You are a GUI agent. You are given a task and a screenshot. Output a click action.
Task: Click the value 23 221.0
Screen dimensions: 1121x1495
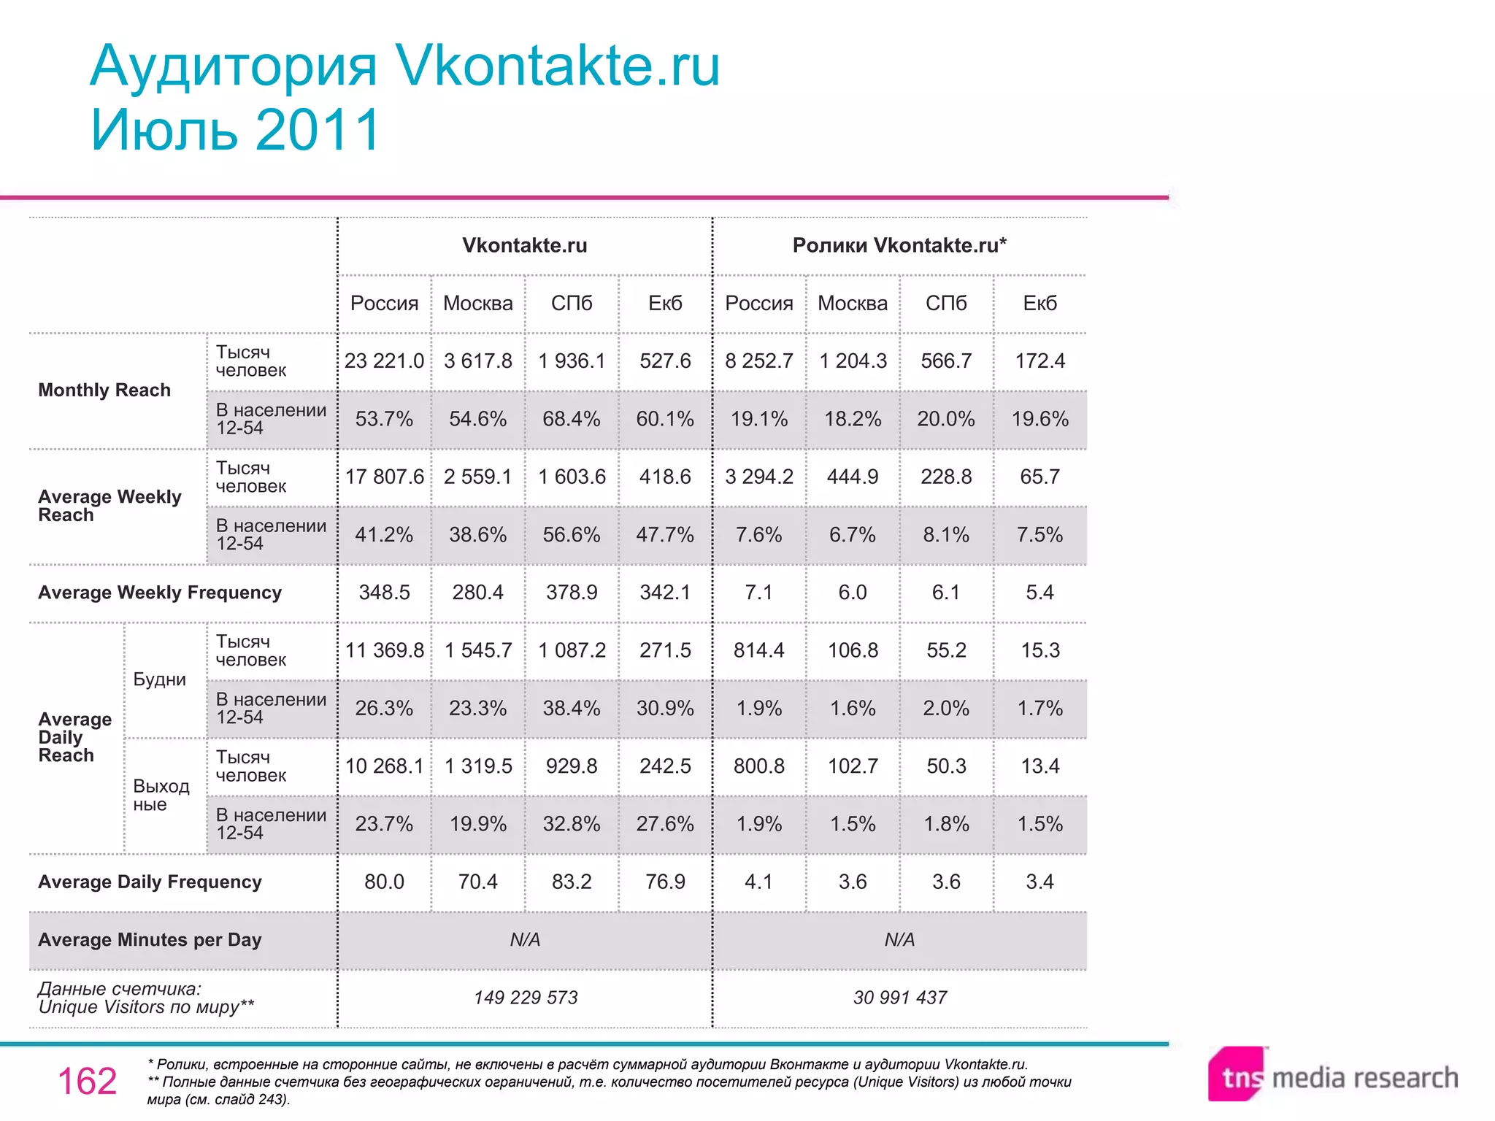coord(384,361)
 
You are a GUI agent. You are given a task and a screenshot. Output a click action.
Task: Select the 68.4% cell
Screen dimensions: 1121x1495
coord(571,419)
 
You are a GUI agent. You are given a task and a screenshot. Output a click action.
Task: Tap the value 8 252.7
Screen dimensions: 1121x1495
coord(758,361)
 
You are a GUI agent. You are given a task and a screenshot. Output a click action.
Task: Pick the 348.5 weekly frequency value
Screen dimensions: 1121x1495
coord(384,592)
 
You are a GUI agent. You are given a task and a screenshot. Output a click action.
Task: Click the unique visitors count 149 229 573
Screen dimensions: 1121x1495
coord(525,998)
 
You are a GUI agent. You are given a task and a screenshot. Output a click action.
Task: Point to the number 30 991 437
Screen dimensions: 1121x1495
coord(899,998)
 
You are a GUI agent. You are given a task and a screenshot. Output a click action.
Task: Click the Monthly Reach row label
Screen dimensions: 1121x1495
coord(104,390)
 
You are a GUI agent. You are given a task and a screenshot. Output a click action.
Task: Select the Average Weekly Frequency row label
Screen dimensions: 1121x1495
coord(160,593)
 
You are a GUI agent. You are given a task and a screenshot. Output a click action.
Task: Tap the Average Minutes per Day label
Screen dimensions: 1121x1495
coord(150,940)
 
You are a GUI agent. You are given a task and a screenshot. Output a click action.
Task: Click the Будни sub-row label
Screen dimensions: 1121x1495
coord(159,679)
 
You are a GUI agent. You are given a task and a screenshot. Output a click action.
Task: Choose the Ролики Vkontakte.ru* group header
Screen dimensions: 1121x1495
coord(899,245)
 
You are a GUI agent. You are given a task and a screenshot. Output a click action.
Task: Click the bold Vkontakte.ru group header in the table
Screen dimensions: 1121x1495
coord(525,245)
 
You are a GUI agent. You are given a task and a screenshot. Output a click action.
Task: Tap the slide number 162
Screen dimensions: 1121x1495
coord(87,1081)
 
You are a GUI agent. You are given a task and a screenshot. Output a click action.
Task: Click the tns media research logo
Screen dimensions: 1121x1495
coord(1332,1076)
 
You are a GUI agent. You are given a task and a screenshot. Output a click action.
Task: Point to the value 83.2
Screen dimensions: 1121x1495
coord(571,882)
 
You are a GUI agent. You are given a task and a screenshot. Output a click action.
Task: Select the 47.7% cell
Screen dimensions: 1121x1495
coord(664,534)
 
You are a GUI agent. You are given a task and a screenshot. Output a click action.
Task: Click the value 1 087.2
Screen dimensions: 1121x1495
coord(571,650)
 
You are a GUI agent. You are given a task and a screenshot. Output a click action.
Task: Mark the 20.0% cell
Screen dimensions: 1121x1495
coord(946,419)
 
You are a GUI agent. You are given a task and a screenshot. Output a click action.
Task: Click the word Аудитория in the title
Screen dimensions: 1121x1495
coord(234,66)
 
